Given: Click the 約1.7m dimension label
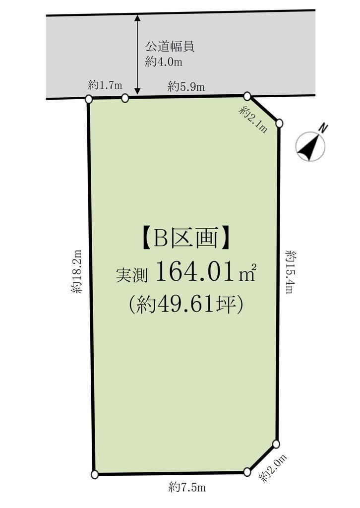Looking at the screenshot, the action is [105, 85].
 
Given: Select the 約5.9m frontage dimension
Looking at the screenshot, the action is [186, 87].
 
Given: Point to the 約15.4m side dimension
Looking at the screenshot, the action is [290, 271].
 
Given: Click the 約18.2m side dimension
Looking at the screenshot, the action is [77, 271].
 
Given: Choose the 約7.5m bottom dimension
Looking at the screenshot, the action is [187, 487].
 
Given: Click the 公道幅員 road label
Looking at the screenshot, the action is [169, 47].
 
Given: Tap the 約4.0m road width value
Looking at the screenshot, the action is [164, 62].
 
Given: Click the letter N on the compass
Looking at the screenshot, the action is [323, 128].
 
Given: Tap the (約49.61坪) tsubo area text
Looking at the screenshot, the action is [185, 305].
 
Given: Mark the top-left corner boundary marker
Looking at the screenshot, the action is [89, 99].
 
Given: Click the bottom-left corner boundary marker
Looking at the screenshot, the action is [95, 475].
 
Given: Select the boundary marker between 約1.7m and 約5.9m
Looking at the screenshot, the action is [125, 98].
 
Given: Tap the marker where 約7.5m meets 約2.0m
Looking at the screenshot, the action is [247, 472].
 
